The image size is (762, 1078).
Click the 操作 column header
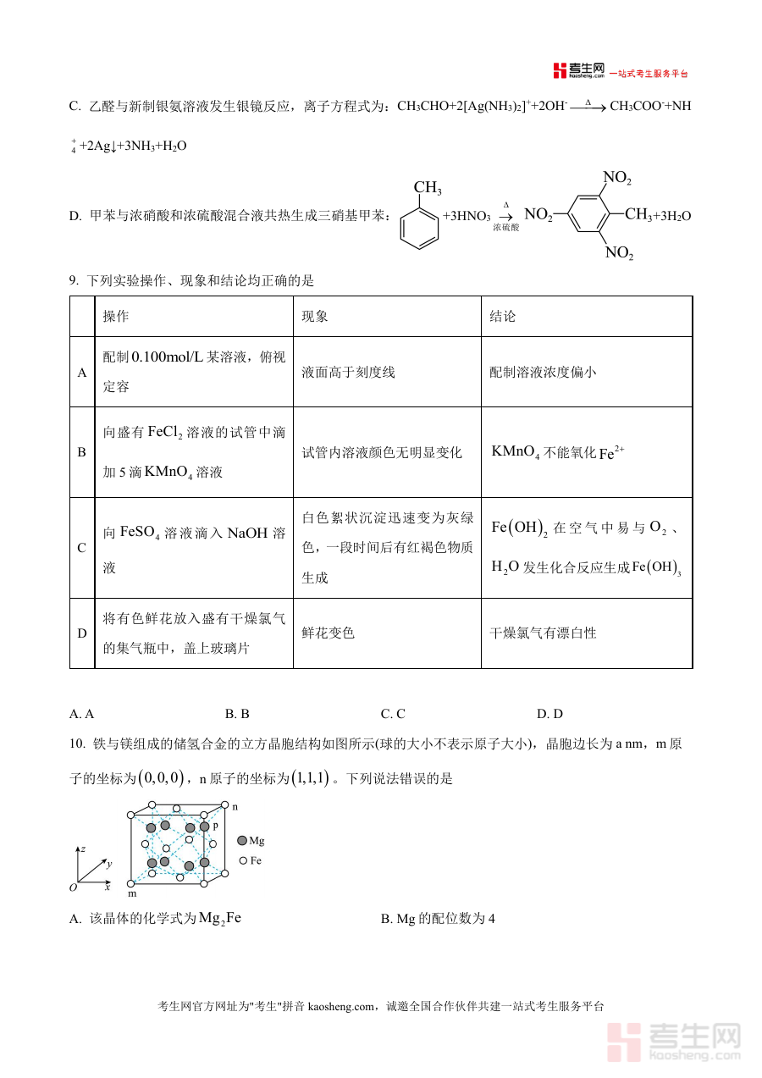pyautogui.click(x=116, y=317)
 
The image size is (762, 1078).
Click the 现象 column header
pyautogui.click(x=315, y=317)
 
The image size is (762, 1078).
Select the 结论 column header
pyautogui.click(x=502, y=317)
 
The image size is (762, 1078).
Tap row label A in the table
pyautogui.click(x=82, y=373)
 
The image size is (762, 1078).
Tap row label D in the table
pyautogui.click(x=82, y=633)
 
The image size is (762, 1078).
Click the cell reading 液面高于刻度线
pyautogui.click(x=348, y=373)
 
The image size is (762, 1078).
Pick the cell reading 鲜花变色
pyautogui.click(x=328, y=633)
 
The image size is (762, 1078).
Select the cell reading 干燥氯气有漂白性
pyautogui.click(x=543, y=633)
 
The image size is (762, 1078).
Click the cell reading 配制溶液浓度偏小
pyautogui.click(x=543, y=373)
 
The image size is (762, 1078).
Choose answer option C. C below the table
pyautogui.click(x=393, y=714)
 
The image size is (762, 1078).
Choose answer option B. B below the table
pyautogui.click(x=237, y=714)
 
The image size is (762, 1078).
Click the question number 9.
pyautogui.click(x=74, y=281)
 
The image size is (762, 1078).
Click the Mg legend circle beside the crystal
pyautogui.click(x=242, y=841)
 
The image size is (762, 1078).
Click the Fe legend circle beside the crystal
pyautogui.click(x=243, y=860)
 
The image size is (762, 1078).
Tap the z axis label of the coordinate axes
pyautogui.click(x=82, y=848)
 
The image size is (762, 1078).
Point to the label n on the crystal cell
pyautogui.click(x=235, y=807)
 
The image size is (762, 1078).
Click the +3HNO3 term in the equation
pyautogui.click(x=467, y=217)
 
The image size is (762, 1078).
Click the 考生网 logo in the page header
pyautogui.click(x=579, y=71)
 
